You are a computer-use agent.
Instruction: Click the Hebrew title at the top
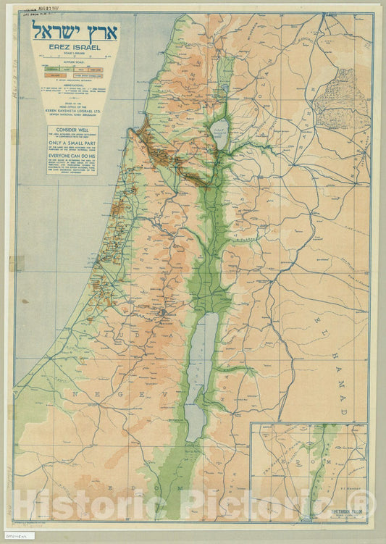pyautogui.click(x=75, y=32)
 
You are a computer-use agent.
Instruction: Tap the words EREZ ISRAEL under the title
pyautogui.click(x=75, y=48)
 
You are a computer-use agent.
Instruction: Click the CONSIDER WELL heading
pyautogui.click(x=72, y=133)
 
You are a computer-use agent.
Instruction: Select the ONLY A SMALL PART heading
pyautogui.click(x=72, y=143)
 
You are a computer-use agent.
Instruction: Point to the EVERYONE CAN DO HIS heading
pyautogui.click(x=72, y=164)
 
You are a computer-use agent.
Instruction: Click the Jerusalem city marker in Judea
pyautogui.click(x=165, y=312)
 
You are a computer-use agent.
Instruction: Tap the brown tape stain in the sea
pyautogui.click(x=17, y=263)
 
